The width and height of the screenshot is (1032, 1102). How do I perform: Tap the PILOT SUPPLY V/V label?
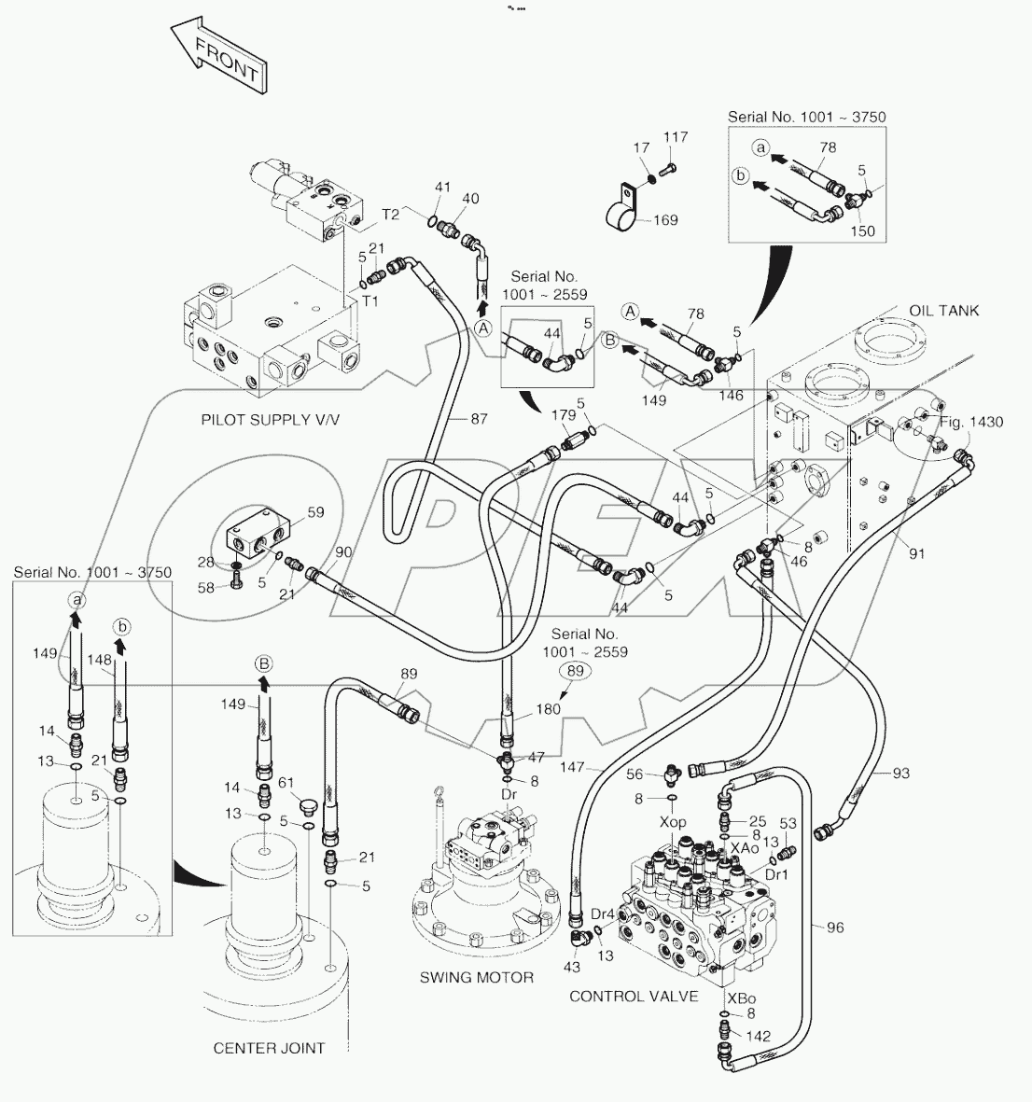[271, 419]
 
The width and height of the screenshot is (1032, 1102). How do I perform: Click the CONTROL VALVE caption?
[634, 996]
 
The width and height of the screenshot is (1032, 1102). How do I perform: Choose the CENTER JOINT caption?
[270, 1048]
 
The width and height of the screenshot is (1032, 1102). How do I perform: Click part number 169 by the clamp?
[665, 221]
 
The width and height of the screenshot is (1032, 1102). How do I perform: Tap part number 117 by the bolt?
[675, 137]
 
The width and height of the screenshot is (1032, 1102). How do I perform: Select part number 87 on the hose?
[479, 420]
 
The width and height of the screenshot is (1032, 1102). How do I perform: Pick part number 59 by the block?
[315, 511]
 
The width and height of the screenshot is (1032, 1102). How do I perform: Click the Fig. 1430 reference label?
[971, 422]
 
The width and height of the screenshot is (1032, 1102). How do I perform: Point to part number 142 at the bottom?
[760, 1035]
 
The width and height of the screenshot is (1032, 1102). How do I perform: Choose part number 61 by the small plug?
[288, 782]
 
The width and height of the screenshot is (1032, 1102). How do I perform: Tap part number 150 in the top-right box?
[863, 231]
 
